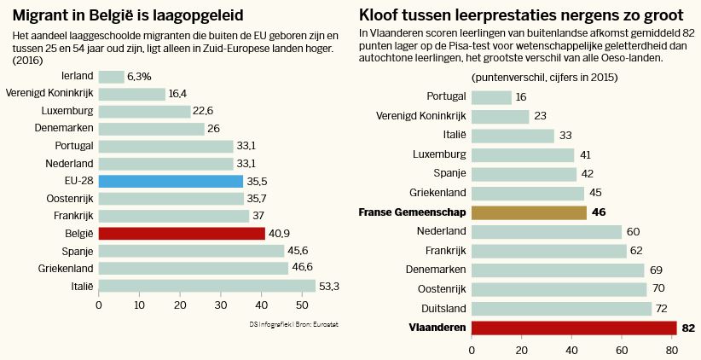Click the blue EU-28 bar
[x=171, y=181]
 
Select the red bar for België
[x=182, y=233]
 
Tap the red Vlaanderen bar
[x=573, y=328]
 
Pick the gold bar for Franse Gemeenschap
[x=529, y=212]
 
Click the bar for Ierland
[x=111, y=77]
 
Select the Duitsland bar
[x=561, y=309]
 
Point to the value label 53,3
[x=329, y=286]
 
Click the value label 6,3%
[x=139, y=77]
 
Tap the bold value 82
[x=689, y=328]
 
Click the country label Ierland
[x=78, y=77]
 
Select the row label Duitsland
[x=444, y=309]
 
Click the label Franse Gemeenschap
[x=413, y=212]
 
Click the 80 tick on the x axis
[x=671, y=349]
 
